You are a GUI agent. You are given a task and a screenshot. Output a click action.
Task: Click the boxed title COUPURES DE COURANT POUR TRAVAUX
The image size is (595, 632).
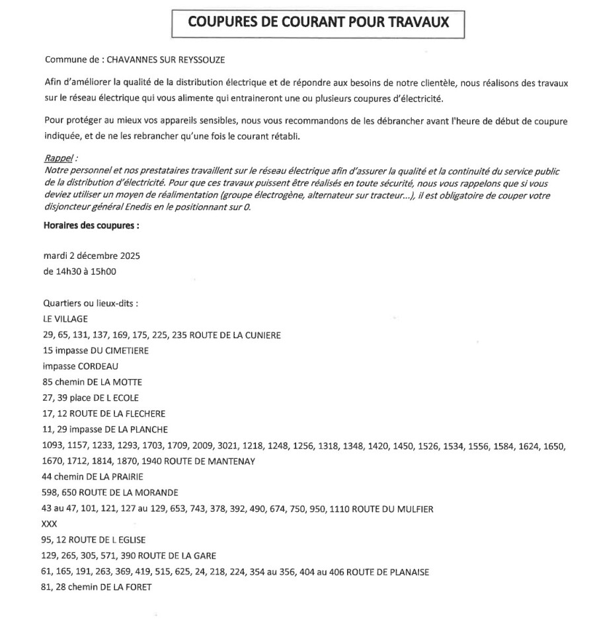318,22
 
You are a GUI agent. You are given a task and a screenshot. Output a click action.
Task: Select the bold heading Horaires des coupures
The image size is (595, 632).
91,225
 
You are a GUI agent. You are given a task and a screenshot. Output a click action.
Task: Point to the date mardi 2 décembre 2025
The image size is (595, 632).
91,256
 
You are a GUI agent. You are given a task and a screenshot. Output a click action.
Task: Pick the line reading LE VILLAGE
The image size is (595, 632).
65,319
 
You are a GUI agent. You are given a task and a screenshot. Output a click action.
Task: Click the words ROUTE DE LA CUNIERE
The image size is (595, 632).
235,335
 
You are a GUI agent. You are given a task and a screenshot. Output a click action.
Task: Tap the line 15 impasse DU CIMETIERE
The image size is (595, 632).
96,351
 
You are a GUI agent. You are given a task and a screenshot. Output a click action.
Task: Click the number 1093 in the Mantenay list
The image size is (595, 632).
53,446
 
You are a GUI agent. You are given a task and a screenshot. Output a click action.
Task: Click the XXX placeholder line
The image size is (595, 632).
50,524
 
